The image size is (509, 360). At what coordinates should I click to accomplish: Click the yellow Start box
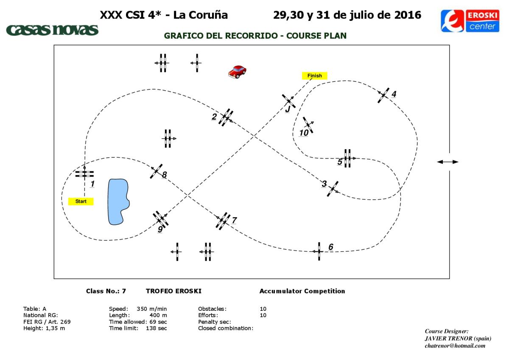pos(81,201)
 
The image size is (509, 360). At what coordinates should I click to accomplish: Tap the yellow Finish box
pos(314,75)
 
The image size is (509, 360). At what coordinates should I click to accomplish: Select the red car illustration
pos(237,72)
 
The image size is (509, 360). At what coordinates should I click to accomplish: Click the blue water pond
pos(118,202)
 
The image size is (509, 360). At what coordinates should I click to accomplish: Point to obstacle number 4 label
pos(394,94)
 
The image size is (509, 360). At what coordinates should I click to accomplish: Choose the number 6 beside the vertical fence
pos(331,247)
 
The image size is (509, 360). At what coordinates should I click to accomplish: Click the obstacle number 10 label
pos(304,133)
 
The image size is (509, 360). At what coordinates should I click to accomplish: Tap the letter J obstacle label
pos(288,109)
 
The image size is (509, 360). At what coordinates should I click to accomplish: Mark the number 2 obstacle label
pos(214,117)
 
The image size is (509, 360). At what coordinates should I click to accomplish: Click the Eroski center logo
pos(470,21)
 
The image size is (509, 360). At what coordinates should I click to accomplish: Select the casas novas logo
pos(52,30)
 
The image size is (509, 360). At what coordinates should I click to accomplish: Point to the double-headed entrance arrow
pos(447,162)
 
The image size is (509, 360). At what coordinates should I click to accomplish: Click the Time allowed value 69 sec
pos(158,322)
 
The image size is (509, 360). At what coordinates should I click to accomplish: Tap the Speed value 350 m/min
pos(151,309)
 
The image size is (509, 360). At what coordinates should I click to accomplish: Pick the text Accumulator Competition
pos(302,291)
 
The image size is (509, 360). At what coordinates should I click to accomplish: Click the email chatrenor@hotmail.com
pos(455,346)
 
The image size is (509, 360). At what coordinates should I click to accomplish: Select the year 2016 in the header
pos(408,15)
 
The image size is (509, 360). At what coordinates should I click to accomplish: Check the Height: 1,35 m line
pos(44,328)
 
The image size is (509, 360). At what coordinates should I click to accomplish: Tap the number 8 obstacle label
pos(164,175)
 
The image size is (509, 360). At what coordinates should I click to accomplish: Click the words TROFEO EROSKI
pos(173,291)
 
